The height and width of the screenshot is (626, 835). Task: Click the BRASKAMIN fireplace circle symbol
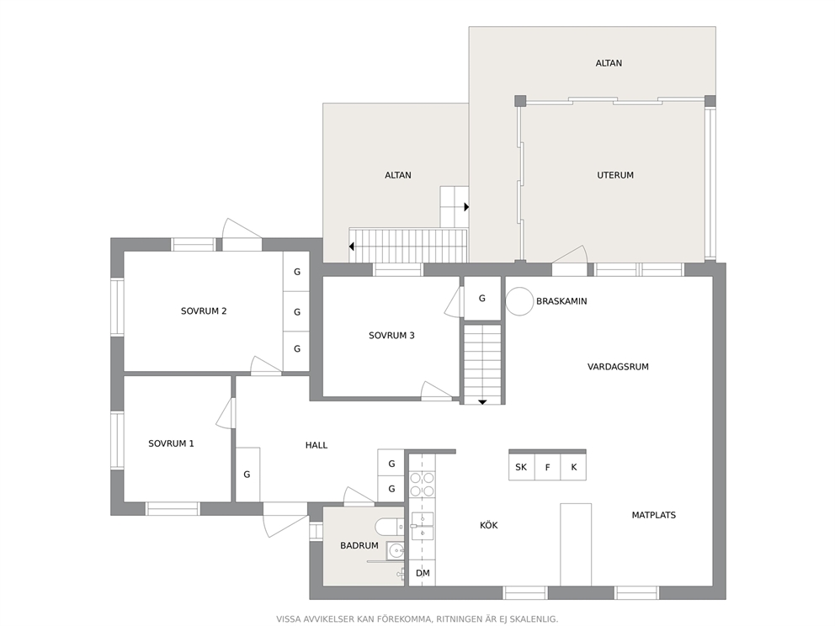click(x=519, y=301)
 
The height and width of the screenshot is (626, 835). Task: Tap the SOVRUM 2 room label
click(x=204, y=310)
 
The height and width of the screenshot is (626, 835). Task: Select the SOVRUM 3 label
click(x=391, y=336)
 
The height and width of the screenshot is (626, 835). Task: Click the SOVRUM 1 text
click(x=171, y=443)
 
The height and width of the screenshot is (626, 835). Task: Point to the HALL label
click(x=316, y=445)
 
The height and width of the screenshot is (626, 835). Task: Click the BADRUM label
click(x=359, y=545)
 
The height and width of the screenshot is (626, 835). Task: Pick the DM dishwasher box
click(x=423, y=573)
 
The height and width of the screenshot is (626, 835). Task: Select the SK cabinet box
click(x=521, y=467)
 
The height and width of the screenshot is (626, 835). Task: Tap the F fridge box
click(x=547, y=467)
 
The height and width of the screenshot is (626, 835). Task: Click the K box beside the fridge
click(x=573, y=467)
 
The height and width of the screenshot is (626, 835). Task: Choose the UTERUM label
click(x=615, y=175)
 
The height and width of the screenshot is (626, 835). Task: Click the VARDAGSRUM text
click(x=618, y=367)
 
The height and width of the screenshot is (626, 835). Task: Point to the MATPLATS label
click(x=653, y=515)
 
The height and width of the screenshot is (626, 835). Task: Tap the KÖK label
click(x=489, y=525)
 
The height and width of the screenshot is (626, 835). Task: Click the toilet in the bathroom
click(x=390, y=527)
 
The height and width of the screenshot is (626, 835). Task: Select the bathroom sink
click(x=395, y=550)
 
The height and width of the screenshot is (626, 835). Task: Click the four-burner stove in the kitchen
click(x=422, y=484)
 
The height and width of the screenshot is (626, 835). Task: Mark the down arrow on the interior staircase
click(x=482, y=402)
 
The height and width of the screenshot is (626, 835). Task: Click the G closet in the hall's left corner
click(x=247, y=475)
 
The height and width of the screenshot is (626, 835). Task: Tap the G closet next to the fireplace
click(x=482, y=299)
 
